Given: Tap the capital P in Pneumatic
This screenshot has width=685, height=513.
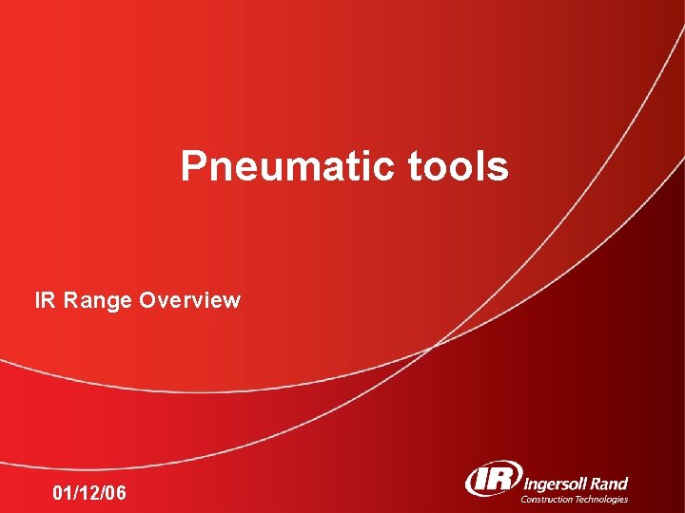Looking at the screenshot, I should click(193, 167).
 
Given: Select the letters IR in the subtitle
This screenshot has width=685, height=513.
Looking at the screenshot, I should click(45, 301).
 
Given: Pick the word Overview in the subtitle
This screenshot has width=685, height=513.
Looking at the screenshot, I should click(189, 301).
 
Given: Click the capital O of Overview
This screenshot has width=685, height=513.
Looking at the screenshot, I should click(147, 301).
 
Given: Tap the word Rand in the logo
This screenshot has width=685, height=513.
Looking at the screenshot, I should click(608, 484).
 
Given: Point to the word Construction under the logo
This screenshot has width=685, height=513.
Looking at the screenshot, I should click(548, 499).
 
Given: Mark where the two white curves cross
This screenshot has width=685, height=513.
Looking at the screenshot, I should click(432, 347).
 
